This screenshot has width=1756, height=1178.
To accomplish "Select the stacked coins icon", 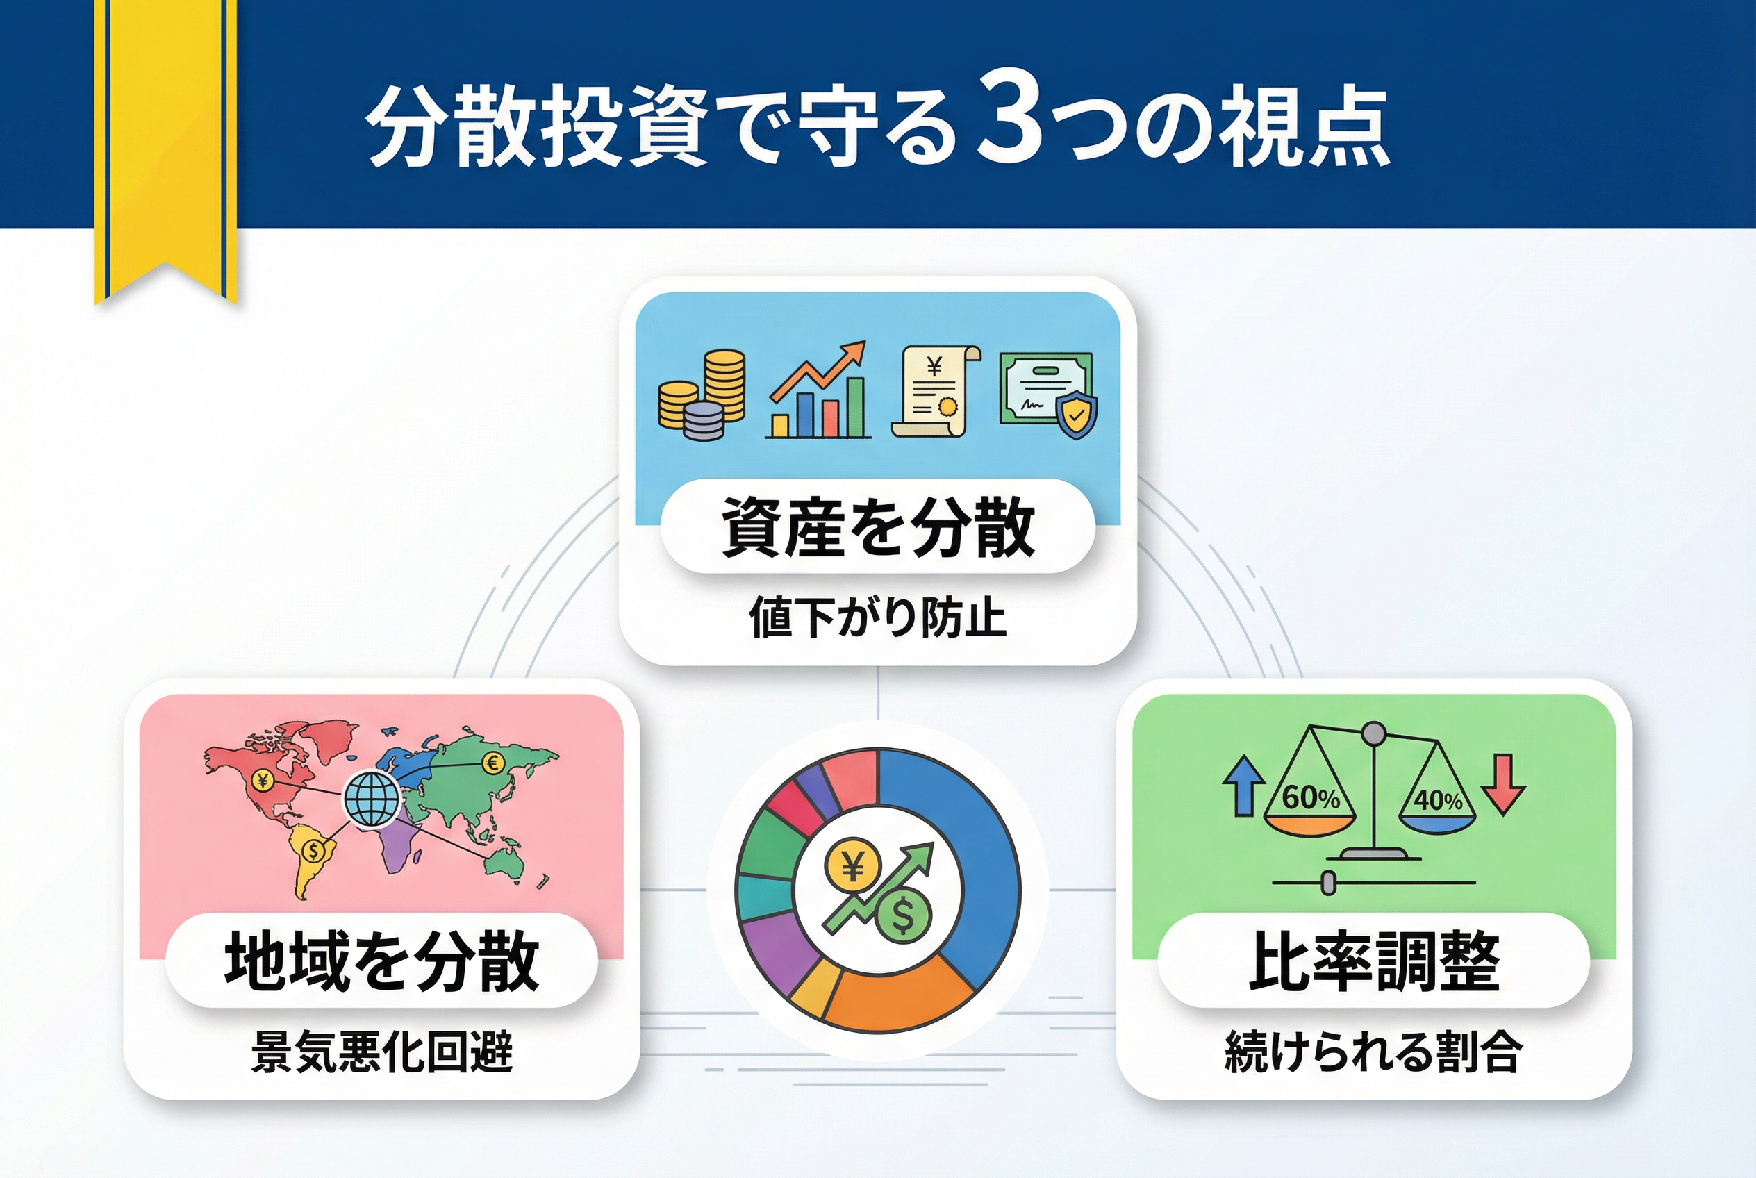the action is [702, 395].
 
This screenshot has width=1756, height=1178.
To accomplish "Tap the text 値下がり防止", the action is [877, 617].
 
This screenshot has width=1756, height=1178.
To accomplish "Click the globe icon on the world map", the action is [371, 800].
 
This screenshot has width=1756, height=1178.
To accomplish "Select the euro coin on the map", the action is [493, 764].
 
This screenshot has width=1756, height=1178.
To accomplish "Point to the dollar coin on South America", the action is [313, 850].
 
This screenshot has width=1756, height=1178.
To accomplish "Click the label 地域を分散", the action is [382, 961].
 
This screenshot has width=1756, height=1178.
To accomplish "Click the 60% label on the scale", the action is [1311, 798].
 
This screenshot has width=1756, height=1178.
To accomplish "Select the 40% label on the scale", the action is [1438, 800].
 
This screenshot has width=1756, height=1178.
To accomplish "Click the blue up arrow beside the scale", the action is [1243, 785].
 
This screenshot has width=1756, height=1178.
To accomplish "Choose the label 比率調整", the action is [1374, 961].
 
